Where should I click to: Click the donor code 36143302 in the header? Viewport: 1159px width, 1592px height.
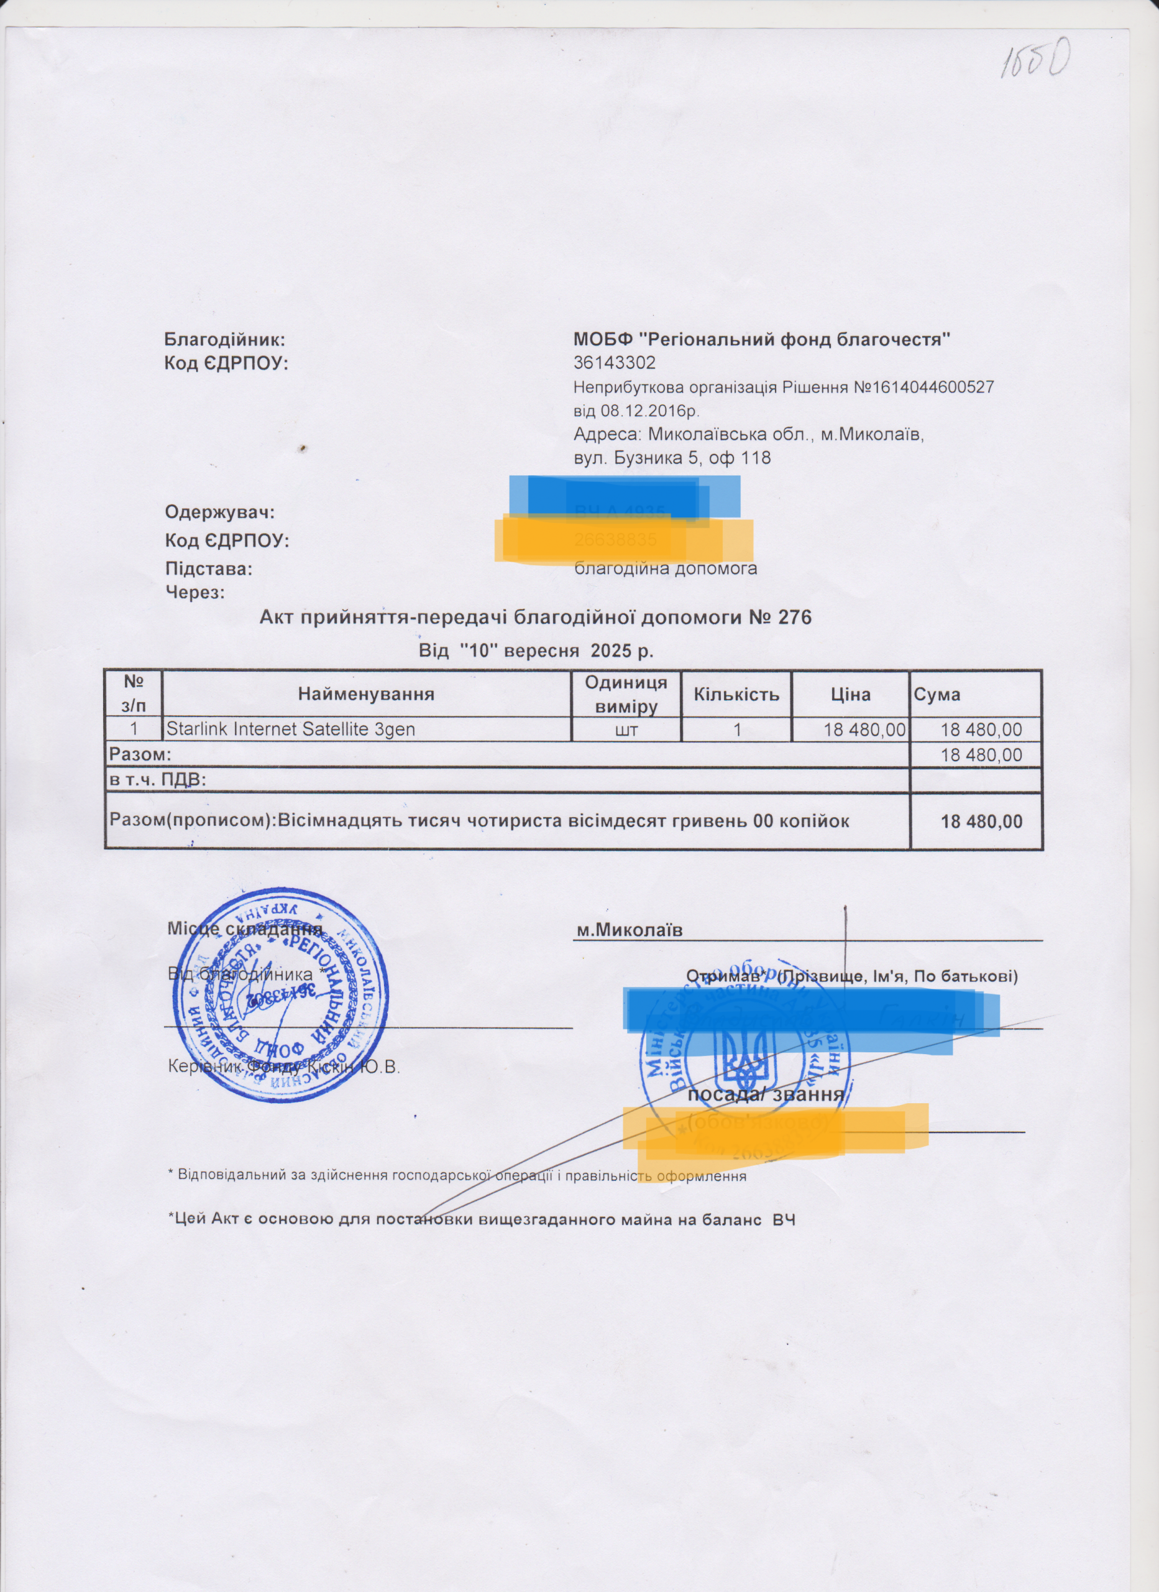pyautogui.click(x=614, y=363)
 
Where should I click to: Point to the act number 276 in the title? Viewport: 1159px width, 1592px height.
pyautogui.click(x=795, y=618)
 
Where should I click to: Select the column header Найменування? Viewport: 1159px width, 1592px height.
pyautogui.click(x=365, y=694)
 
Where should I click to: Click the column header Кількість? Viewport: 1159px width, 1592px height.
pyautogui.click(x=736, y=694)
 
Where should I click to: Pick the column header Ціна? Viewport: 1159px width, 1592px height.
pyautogui.click(x=850, y=694)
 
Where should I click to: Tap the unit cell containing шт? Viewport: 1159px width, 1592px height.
pyautogui.click(x=626, y=730)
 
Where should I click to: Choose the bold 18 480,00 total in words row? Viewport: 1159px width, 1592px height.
pyautogui.click(x=981, y=821)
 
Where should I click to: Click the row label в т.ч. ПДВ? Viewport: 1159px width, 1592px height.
pyautogui.click(x=157, y=780)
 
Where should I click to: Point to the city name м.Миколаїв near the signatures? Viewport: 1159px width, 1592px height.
pyautogui.click(x=629, y=931)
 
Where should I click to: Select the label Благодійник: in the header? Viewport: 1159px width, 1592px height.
pyautogui.click(x=224, y=340)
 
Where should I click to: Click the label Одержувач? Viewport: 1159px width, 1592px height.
pyautogui.click(x=219, y=512)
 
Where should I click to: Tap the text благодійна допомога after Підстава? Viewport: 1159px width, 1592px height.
pyautogui.click(x=665, y=568)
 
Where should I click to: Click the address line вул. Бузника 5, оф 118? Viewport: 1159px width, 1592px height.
pyautogui.click(x=672, y=458)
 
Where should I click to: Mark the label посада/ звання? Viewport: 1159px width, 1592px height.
pyautogui.click(x=766, y=1095)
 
